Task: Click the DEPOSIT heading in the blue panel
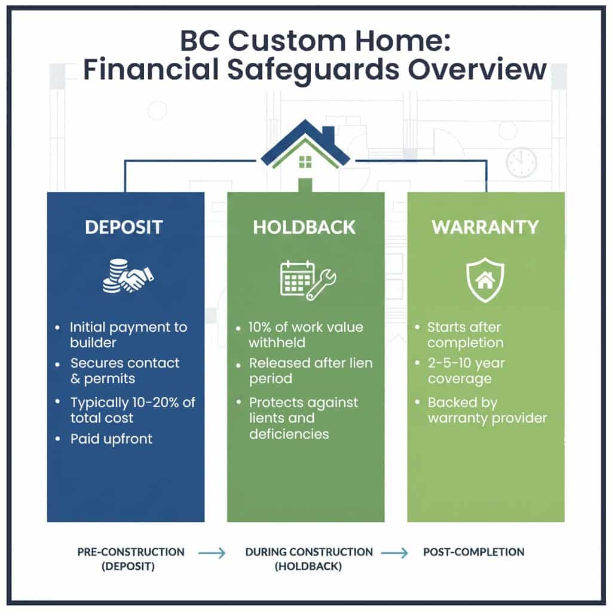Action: [x=125, y=228]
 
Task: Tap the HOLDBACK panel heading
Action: [x=305, y=228]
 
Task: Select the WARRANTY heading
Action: [x=485, y=228]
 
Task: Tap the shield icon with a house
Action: [x=485, y=280]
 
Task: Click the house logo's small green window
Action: [x=305, y=161]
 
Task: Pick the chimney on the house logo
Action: [x=328, y=134]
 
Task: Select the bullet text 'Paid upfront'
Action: [x=111, y=439]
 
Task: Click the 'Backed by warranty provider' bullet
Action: [x=487, y=409]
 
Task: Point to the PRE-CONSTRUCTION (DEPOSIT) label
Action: [x=131, y=559]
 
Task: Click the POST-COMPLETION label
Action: [x=474, y=552]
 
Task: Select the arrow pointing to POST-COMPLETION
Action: [x=395, y=553]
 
